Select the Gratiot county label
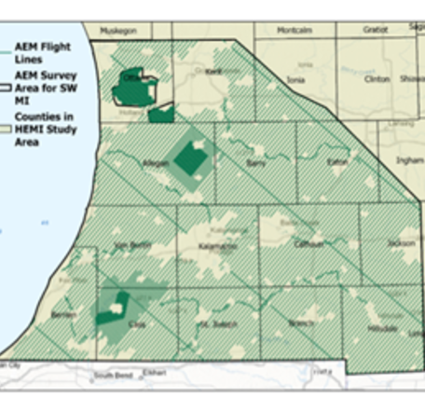(x=375, y=30)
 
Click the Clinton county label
(x=377, y=80)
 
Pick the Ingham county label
(x=409, y=159)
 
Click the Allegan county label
(x=156, y=161)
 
